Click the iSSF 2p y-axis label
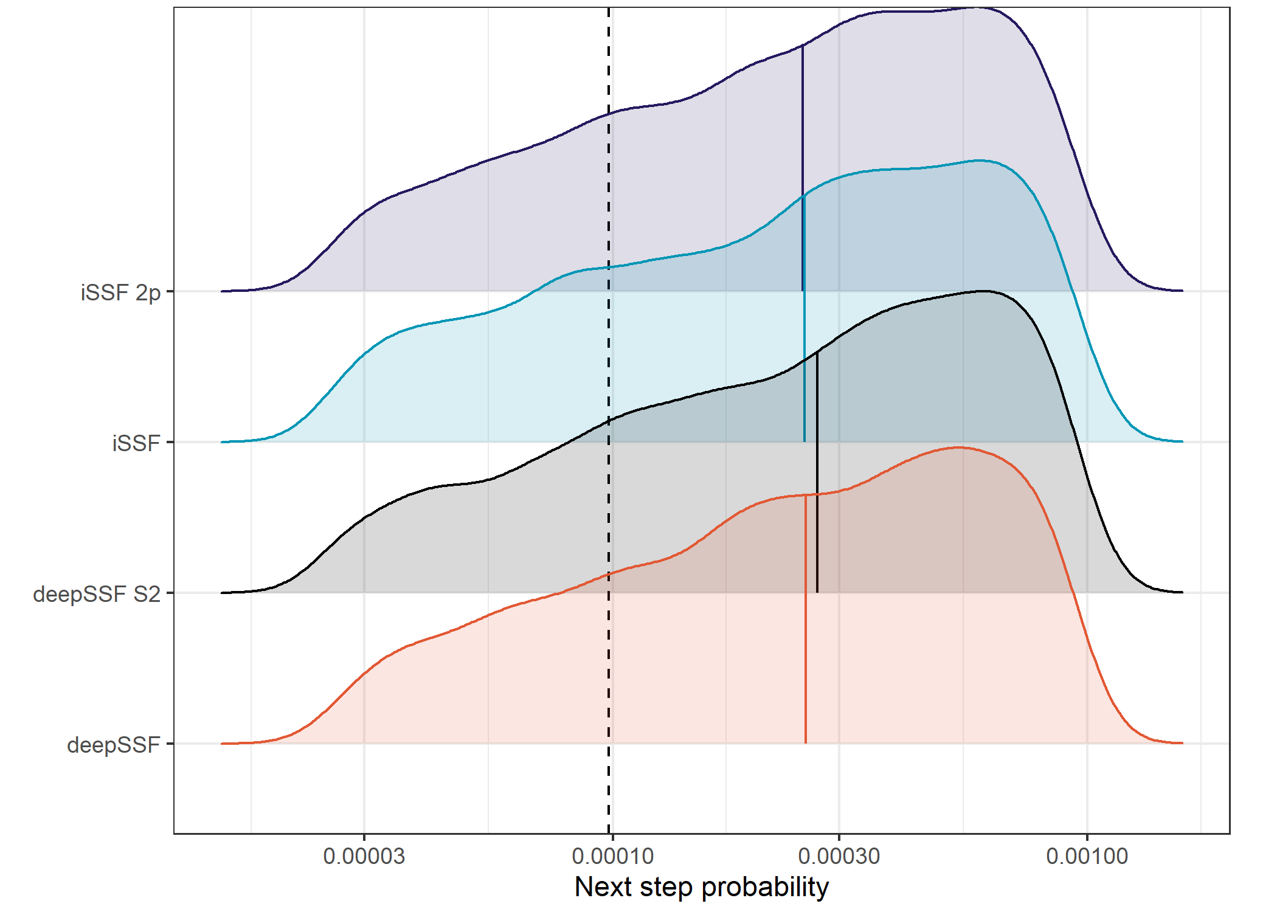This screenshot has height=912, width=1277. coord(120,292)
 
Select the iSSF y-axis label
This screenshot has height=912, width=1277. coord(136,443)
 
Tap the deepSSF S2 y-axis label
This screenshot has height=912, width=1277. coord(97,594)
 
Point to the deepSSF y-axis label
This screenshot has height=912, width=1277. coord(113,745)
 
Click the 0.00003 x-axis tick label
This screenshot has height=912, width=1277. coord(364,856)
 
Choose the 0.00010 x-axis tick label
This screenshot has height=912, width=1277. coord(612,856)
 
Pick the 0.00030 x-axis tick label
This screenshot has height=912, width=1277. coord(839,856)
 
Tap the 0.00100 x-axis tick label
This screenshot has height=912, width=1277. coord(1087,856)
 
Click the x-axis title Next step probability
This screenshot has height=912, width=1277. coord(701,886)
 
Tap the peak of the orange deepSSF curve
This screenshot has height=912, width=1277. coord(958,447)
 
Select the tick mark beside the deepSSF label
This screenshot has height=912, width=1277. coord(170,744)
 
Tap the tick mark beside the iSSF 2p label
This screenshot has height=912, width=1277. coord(170,291)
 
